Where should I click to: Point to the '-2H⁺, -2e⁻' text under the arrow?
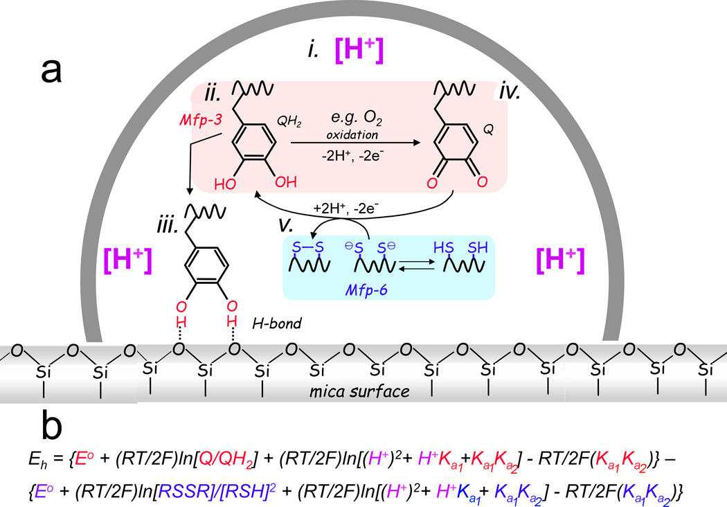point(354,154)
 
